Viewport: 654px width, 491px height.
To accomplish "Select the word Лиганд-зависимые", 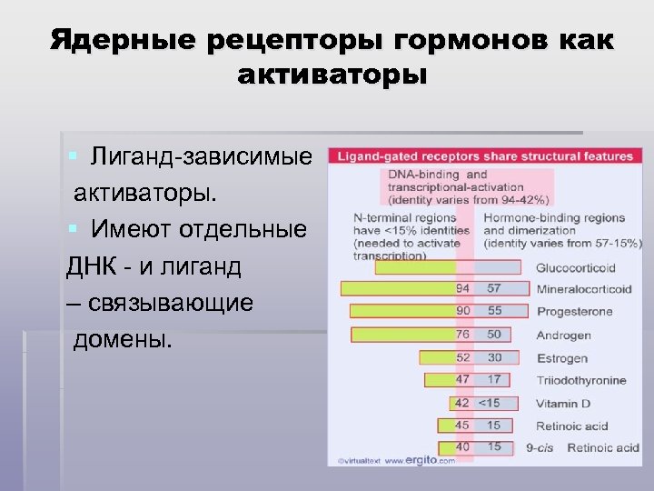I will click(201, 157).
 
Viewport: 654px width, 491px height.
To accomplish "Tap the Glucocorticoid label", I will click(575, 268).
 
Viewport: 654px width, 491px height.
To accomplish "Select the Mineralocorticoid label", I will click(583, 289).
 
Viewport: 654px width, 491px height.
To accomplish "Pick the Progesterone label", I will click(574, 312).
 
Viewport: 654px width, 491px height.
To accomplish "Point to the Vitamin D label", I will click(563, 404).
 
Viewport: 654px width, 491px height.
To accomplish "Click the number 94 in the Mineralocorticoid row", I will click(462, 289).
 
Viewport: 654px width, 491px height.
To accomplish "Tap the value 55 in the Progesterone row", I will click(494, 311).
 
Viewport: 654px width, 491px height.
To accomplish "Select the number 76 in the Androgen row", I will click(462, 335).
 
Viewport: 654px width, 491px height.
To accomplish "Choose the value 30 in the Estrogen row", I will click(494, 357).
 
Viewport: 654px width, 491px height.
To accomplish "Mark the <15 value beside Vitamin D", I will click(490, 403).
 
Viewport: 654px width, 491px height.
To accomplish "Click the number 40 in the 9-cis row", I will click(462, 447).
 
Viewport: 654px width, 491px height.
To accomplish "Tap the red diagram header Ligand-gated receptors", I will click(485, 156).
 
